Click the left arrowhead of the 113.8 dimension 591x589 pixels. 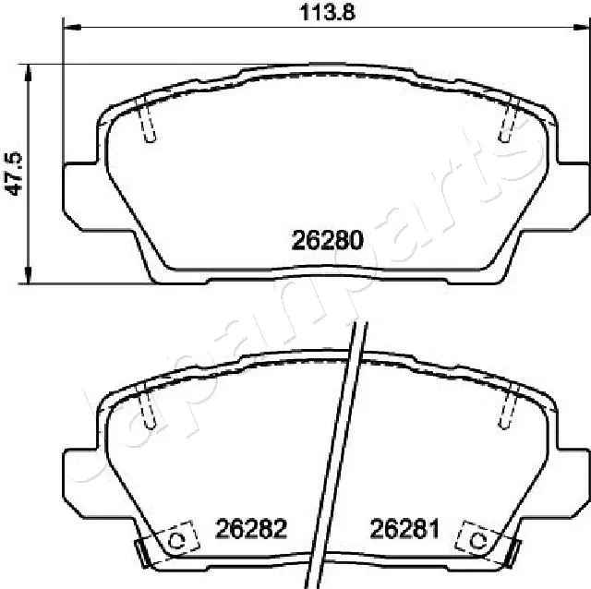(x=70, y=29)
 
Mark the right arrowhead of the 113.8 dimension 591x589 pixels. (x=579, y=29)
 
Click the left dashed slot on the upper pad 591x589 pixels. (x=149, y=122)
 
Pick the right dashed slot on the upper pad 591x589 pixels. (x=506, y=122)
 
